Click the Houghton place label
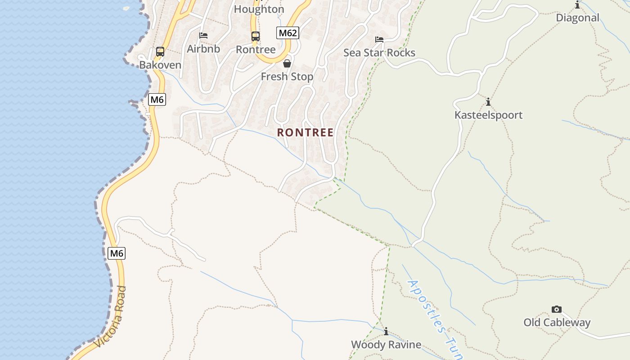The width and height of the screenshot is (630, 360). point(259,9)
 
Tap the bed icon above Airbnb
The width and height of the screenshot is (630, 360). point(203,35)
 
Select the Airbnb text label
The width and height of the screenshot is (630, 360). point(203,49)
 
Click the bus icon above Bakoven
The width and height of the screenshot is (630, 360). point(160,51)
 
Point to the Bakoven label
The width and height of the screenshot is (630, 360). point(160,65)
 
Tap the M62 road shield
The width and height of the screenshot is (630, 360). point(288,32)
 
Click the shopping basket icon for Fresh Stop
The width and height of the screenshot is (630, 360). point(287,63)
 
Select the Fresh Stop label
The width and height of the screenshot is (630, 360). point(287,76)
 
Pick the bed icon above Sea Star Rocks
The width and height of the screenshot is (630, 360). point(379,40)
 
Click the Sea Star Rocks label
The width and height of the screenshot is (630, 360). point(379,53)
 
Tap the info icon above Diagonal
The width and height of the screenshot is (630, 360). point(577,5)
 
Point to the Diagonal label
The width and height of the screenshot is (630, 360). point(577,18)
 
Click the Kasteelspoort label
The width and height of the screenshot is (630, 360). point(488,115)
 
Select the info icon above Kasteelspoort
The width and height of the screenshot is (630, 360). point(488,102)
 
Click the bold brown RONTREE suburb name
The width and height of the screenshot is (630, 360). point(305,132)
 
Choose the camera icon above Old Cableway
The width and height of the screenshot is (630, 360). point(557,309)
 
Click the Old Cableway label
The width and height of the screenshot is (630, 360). point(557,322)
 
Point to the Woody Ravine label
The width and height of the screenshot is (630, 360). point(386,345)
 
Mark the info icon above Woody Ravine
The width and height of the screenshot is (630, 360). point(386,332)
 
